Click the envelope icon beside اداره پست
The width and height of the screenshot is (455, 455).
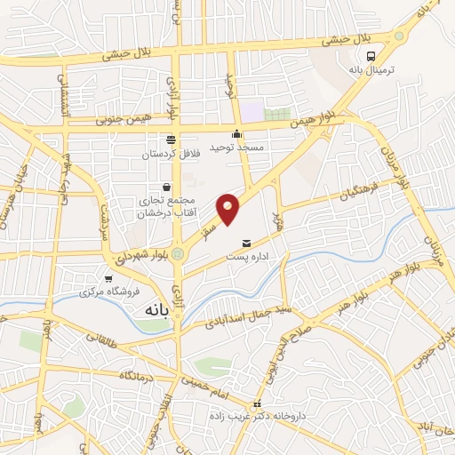coord(246,243)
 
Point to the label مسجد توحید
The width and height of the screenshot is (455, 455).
coord(237,147)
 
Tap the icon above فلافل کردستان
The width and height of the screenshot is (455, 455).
coord(170,140)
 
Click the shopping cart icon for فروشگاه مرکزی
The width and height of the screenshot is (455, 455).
coord(109,278)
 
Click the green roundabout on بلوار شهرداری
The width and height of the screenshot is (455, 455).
coord(179,254)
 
